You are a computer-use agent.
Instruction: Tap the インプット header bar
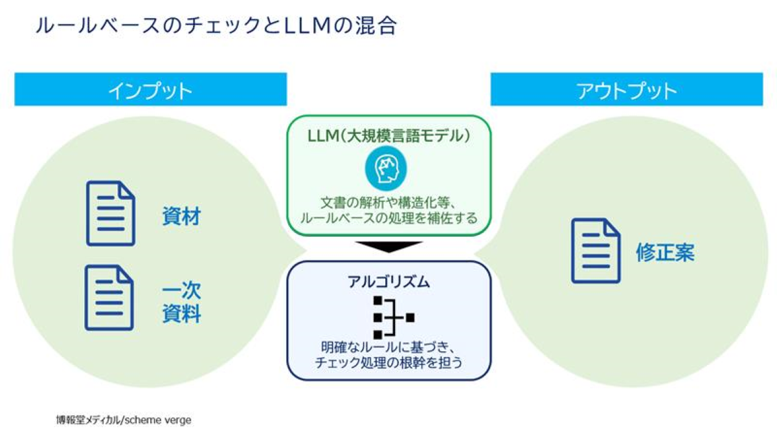150,89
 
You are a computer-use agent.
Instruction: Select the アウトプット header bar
626,89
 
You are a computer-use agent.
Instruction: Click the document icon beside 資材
110,213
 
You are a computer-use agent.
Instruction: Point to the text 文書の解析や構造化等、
388,201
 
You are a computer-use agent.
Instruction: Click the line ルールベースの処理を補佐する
388,218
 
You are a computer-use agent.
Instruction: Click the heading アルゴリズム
388,282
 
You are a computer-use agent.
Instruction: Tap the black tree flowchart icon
392,318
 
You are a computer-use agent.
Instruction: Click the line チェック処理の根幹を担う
388,363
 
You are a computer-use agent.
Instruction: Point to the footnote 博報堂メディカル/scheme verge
123,419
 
